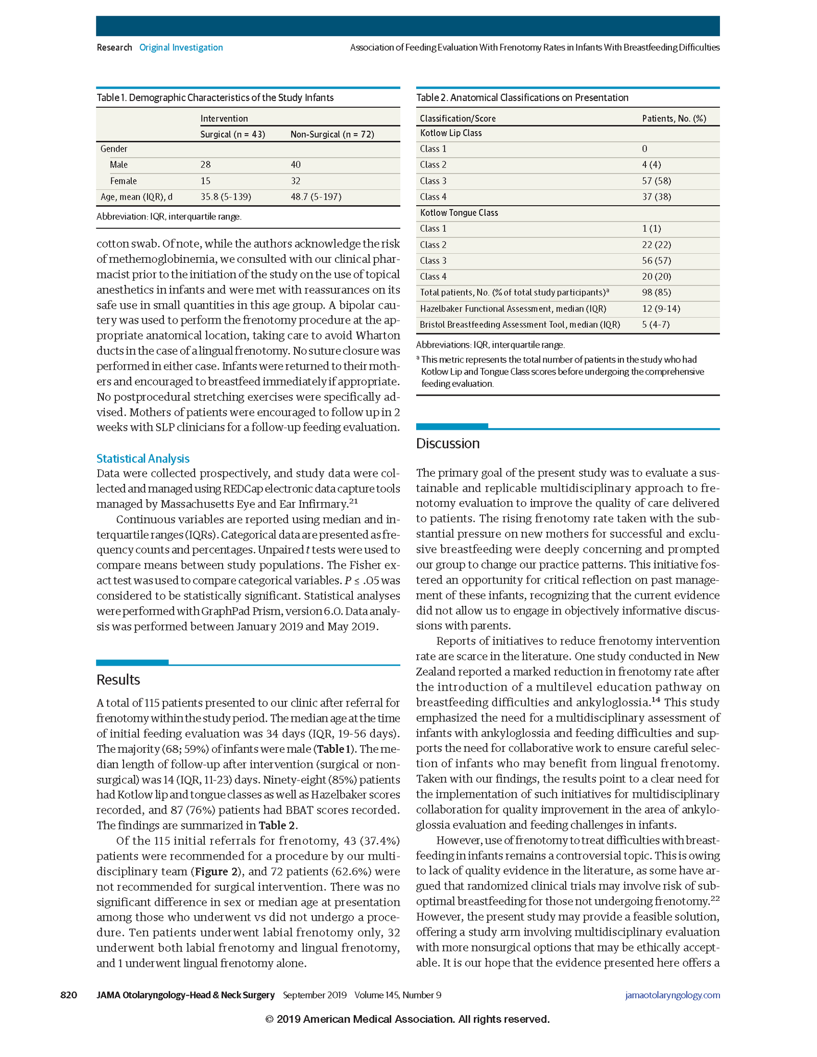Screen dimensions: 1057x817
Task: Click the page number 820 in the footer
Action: click(x=68, y=995)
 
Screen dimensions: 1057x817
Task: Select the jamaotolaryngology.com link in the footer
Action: click(x=672, y=995)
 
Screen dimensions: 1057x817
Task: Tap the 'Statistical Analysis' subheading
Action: click(x=143, y=458)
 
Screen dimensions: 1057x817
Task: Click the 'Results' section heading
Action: click(x=118, y=680)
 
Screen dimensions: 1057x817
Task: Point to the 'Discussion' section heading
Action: click(x=447, y=444)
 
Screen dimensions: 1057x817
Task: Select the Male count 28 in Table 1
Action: click(x=205, y=165)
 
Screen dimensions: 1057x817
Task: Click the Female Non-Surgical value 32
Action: click(x=296, y=181)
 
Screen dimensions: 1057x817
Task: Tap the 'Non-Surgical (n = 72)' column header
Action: click(x=332, y=134)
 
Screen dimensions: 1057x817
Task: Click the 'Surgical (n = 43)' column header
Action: click(x=232, y=134)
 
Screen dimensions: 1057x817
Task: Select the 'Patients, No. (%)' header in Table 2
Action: click(x=674, y=118)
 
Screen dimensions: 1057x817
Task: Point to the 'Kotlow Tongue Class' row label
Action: click(x=459, y=213)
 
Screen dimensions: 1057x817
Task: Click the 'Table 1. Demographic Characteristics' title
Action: click(x=215, y=97)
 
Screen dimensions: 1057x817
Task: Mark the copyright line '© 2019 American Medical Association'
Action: click(x=407, y=1019)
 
